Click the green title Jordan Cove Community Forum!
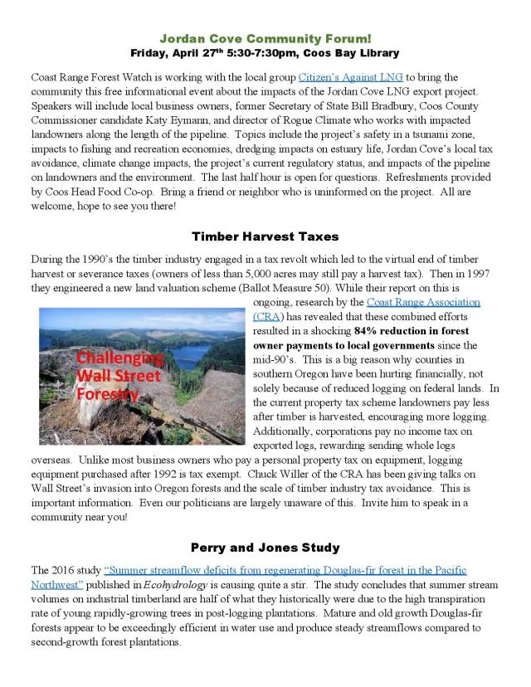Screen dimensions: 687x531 coord(265,38)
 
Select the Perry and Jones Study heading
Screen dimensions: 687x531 coord(265,548)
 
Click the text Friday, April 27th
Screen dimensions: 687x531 coord(173,52)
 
